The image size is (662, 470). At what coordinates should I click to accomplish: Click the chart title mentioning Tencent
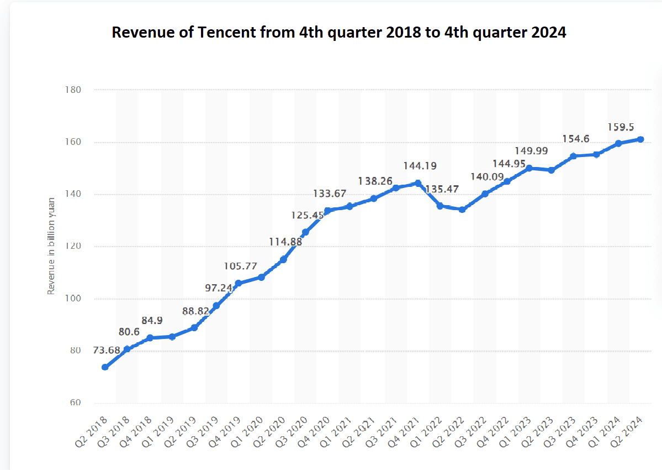coord(339,33)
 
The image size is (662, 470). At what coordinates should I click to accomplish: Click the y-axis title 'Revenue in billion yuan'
coord(51,246)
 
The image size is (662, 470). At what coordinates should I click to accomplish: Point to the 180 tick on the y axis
coord(73,90)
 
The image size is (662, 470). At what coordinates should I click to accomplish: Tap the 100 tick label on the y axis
coord(73,299)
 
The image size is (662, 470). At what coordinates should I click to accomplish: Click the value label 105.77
coord(241,267)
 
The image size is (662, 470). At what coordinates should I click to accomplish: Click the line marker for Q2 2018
coord(105,367)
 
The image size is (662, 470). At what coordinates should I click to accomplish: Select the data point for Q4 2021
coord(418,183)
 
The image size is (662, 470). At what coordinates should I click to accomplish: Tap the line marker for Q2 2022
coord(462,210)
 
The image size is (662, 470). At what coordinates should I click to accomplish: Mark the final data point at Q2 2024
coord(640,139)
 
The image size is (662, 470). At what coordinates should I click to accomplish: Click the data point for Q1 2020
coord(261,277)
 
